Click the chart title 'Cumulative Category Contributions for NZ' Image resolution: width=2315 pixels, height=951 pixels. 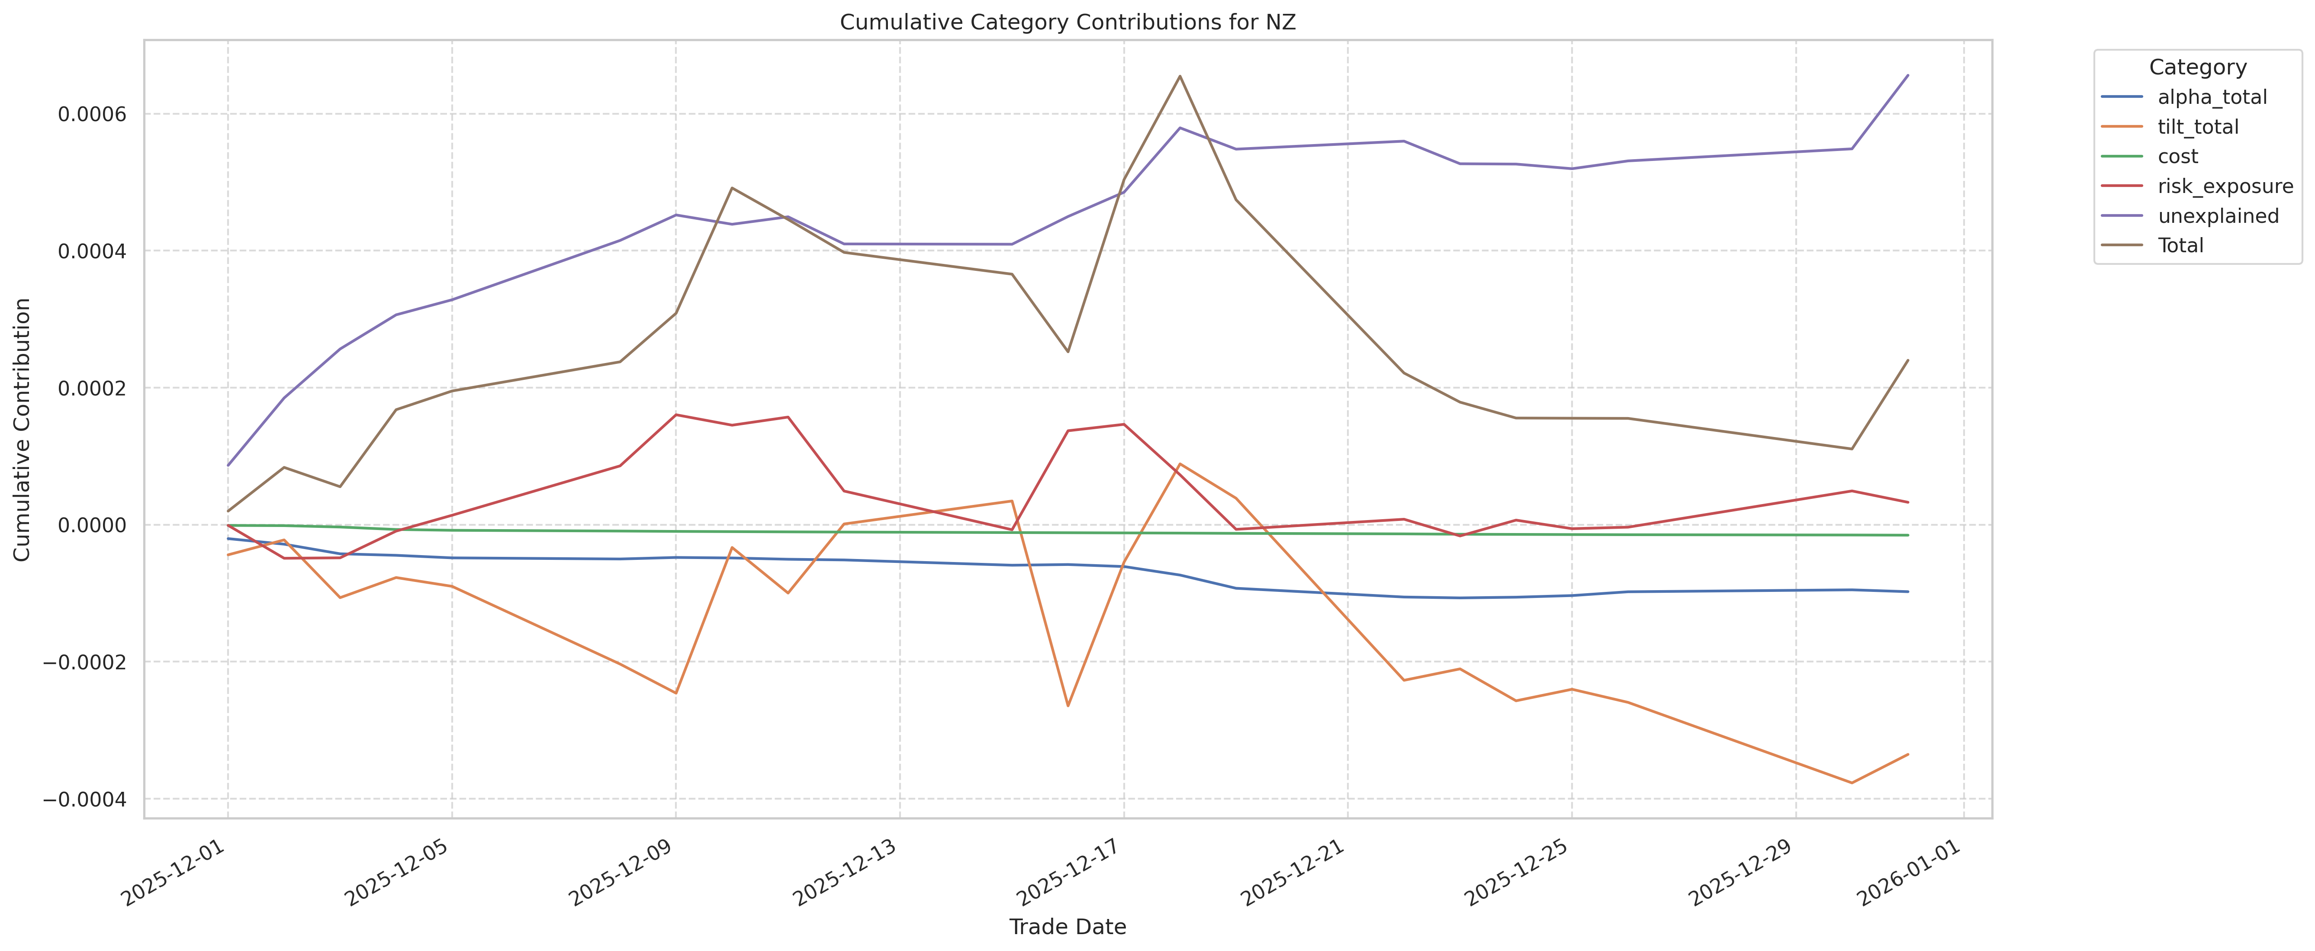(1067, 22)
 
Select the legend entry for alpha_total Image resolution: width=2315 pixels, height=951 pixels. (2212, 97)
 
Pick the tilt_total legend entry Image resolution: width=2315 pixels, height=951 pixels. (2197, 127)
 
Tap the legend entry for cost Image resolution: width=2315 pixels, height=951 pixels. (2177, 156)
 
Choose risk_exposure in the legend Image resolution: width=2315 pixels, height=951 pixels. (2224, 186)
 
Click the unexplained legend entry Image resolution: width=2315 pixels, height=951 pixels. (2218, 216)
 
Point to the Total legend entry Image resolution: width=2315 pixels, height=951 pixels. (2180, 245)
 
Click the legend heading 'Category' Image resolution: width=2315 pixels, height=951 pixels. (2197, 67)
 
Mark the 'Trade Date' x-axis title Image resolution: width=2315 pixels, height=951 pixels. (1067, 927)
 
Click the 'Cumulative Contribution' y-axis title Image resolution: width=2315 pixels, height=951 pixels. (23, 430)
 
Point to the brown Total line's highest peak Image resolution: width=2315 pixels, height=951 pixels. (1180, 76)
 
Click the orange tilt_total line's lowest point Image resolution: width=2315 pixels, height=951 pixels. (1851, 783)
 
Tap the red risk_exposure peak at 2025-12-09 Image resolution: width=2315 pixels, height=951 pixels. (676, 414)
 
